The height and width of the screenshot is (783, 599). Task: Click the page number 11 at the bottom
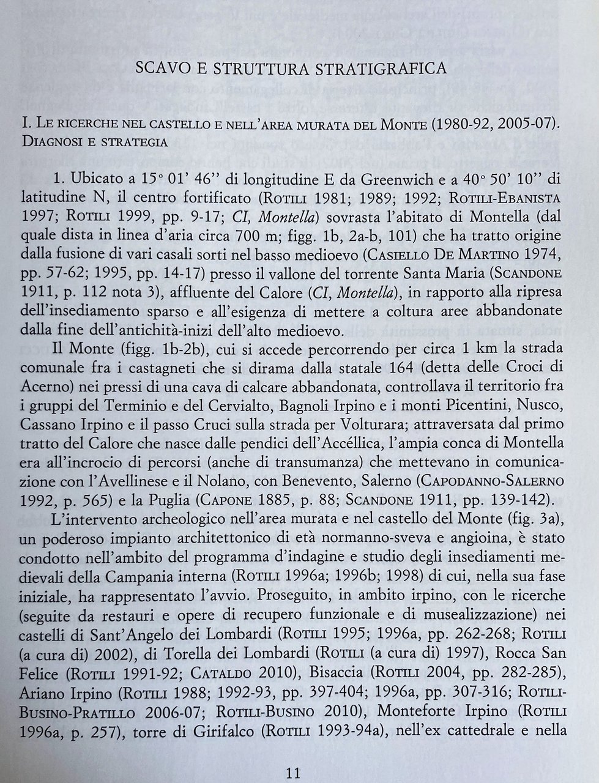294,773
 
